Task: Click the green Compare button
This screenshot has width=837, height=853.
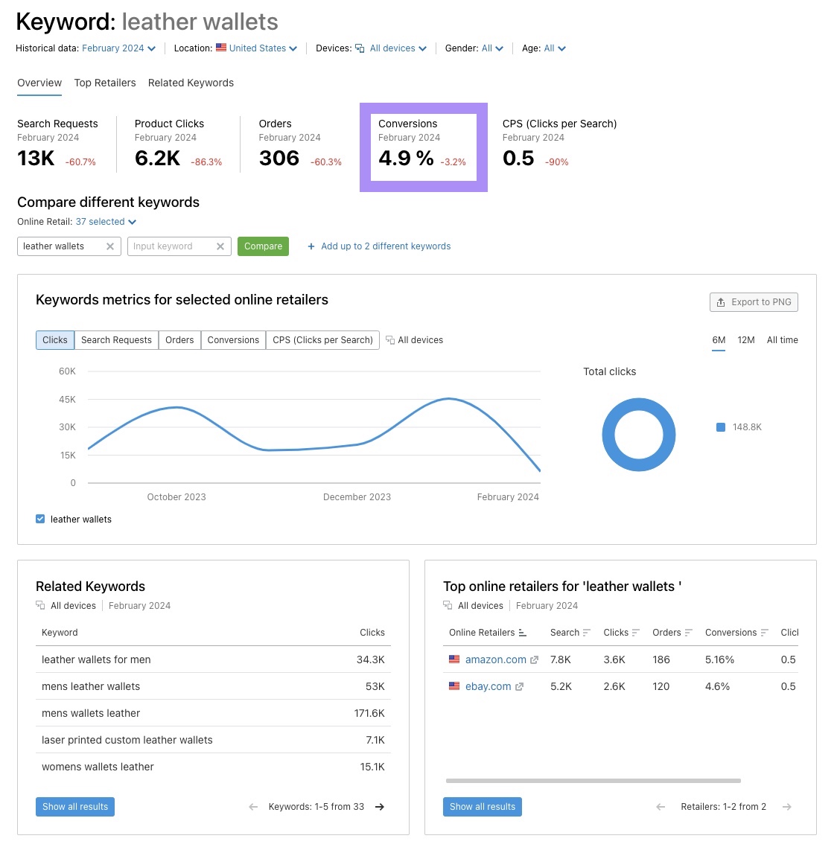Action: [x=263, y=246]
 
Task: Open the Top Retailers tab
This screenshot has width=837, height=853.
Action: [x=105, y=83]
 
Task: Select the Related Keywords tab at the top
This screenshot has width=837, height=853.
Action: [x=191, y=83]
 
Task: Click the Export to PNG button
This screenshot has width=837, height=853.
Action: [x=754, y=302]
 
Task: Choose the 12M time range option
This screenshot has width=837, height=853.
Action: [x=745, y=340]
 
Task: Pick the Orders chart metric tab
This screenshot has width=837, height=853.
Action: [x=179, y=340]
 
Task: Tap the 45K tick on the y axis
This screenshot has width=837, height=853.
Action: [x=68, y=400]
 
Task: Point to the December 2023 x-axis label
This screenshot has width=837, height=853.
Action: [x=357, y=497]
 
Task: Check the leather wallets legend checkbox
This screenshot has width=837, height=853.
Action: [x=40, y=520]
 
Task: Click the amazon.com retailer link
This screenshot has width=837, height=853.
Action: [x=495, y=659]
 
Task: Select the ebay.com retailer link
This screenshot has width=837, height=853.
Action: [x=488, y=686]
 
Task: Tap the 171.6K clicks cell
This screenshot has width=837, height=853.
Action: [x=369, y=713]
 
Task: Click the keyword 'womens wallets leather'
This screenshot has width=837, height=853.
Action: [x=98, y=767]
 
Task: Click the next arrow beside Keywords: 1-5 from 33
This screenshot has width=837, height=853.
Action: [x=380, y=807]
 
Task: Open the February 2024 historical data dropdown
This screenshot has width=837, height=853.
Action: [x=119, y=48]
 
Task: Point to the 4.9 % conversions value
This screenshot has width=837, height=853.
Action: [x=406, y=158]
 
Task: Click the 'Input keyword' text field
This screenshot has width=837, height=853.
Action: [x=171, y=246]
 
